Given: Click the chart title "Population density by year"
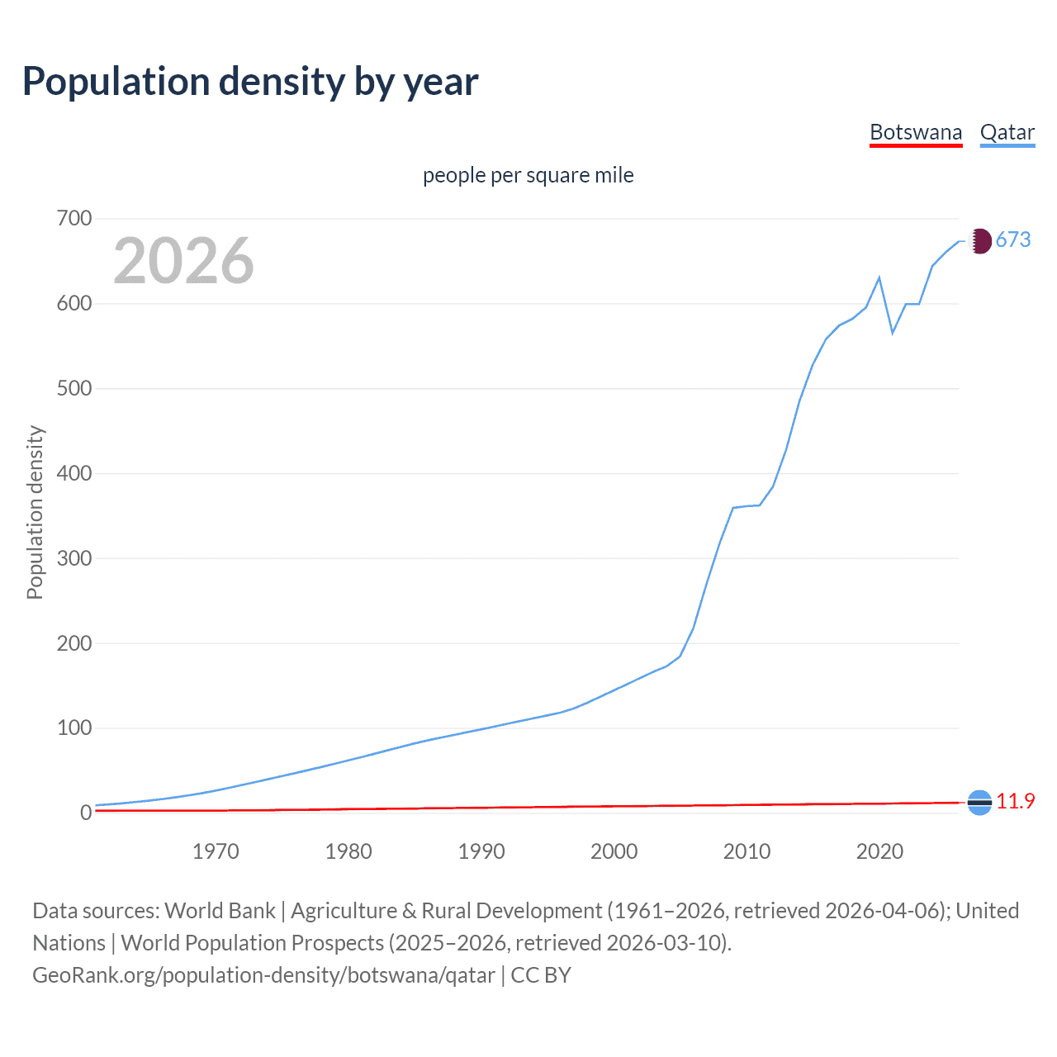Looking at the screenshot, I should (250, 82).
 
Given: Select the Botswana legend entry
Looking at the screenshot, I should (916, 132).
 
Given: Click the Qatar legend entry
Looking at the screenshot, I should (1007, 132).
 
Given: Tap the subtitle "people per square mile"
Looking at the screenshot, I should (528, 175).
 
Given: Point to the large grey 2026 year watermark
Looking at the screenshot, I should (183, 261).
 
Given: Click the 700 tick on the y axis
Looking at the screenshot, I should (74, 219).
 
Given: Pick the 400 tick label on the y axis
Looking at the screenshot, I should (74, 474).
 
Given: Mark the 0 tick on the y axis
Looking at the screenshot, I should (85, 813).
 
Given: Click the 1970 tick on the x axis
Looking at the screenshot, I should (216, 851).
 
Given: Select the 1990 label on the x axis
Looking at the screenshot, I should (481, 851).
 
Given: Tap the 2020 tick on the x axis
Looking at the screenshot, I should (879, 851).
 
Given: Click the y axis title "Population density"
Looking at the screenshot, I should (35, 512).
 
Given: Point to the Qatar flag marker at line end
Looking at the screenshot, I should (979, 241).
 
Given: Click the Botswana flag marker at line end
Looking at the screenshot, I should (979, 802).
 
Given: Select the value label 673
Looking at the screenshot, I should (1013, 240).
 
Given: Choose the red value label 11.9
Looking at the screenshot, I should (1015, 802).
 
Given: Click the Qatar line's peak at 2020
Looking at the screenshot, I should (879, 277).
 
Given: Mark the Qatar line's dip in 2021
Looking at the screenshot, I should (893, 333).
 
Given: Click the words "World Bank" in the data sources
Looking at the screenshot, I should (220, 911).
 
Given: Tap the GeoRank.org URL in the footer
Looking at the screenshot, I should (263, 975).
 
